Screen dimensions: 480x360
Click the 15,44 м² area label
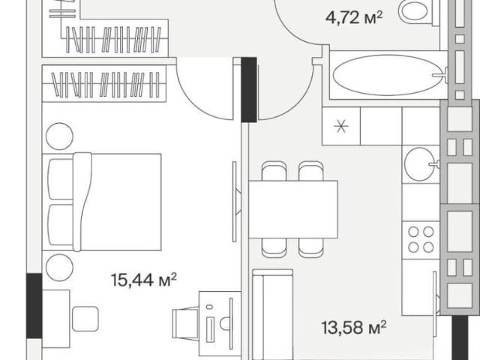click(x=144, y=280)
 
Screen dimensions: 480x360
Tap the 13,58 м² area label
click(x=353, y=328)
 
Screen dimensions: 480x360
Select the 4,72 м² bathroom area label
click(x=354, y=18)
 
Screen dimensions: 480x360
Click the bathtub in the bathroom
click(x=388, y=75)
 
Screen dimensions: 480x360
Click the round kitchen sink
click(x=420, y=164)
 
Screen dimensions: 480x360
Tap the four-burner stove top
click(x=421, y=240)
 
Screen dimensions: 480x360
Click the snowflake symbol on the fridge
click(x=341, y=126)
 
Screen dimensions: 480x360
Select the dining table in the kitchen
click(x=293, y=209)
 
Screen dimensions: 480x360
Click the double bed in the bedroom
click(x=102, y=202)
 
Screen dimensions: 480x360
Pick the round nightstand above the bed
click(x=59, y=136)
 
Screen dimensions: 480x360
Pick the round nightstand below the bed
click(x=59, y=267)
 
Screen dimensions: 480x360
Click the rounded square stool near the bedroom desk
click(x=85, y=319)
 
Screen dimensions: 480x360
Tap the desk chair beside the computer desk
click(x=185, y=323)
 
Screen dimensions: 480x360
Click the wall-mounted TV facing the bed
click(x=235, y=202)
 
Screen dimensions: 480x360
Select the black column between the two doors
click(x=249, y=90)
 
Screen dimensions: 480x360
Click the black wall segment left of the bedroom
click(x=34, y=306)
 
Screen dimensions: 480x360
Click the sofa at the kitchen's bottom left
click(x=272, y=314)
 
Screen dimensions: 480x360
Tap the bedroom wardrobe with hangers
click(x=104, y=83)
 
